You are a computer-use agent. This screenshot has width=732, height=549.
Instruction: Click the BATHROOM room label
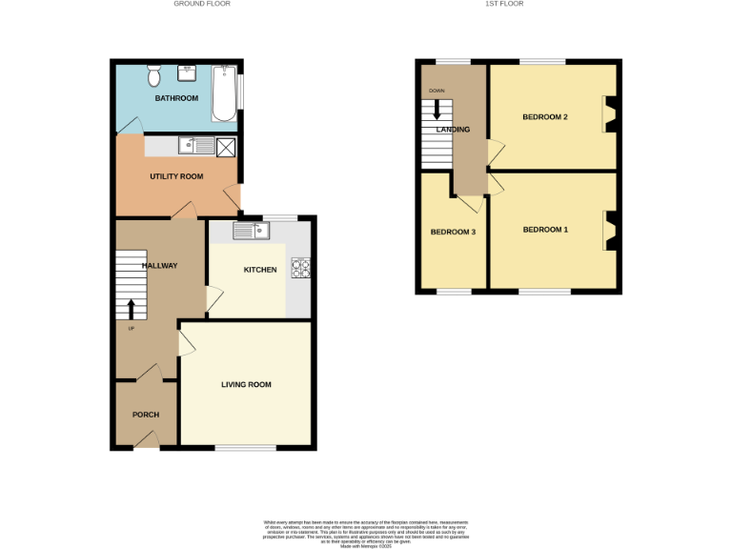(x=176, y=98)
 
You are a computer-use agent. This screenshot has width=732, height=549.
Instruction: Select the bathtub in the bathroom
(x=224, y=93)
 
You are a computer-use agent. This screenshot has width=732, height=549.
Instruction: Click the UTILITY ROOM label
(x=176, y=176)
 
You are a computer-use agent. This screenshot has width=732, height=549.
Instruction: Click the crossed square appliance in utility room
(x=226, y=147)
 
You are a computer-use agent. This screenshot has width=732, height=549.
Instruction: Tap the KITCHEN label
(x=260, y=270)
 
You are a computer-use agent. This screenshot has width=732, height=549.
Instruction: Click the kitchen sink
(x=253, y=230)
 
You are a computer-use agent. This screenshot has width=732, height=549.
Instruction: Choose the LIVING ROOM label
(x=246, y=385)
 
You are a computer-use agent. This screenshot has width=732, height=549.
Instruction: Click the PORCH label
(x=146, y=415)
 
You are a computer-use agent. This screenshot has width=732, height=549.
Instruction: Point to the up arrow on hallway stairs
(x=132, y=308)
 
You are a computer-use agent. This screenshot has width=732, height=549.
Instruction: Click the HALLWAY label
(x=159, y=265)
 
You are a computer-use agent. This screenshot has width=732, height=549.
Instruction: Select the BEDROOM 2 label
(x=545, y=117)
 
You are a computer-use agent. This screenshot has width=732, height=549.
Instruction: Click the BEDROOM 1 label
(x=545, y=230)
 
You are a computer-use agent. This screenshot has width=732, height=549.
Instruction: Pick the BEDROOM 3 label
(x=453, y=232)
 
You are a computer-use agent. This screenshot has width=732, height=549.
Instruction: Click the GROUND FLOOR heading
(x=202, y=4)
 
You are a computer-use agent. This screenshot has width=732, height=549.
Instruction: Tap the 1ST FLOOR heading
(x=504, y=4)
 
